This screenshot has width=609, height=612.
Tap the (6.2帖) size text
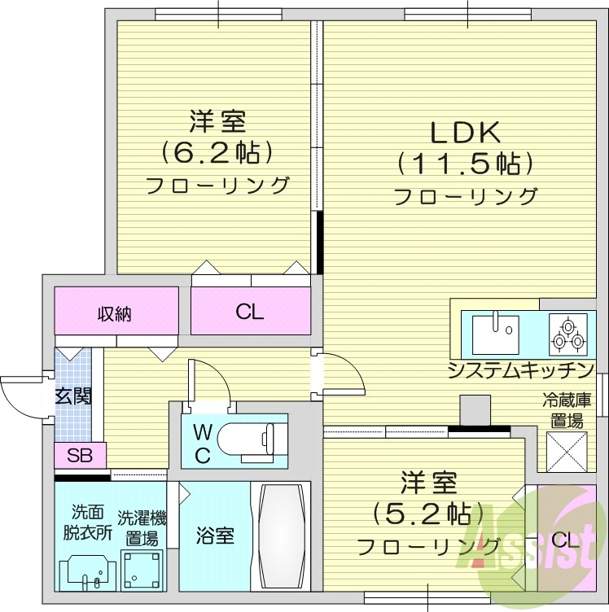pyautogui.click(x=217, y=152)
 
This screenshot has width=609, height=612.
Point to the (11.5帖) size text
pyautogui.click(x=465, y=164)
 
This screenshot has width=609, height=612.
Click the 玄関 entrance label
pyautogui.click(x=72, y=396)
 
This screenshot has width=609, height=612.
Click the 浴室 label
pyautogui.click(x=216, y=536)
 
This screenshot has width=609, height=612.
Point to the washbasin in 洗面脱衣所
pyautogui.click(x=89, y=571)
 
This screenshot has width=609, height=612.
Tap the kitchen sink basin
pyautogui.click(x=494, y=333)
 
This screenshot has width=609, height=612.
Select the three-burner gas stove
pyautogui.click(x=566, y=334)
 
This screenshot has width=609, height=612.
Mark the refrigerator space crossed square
pyautogui.click(x=567, y=450)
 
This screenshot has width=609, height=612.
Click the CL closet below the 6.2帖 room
pyautogui.click(x=251, y=312)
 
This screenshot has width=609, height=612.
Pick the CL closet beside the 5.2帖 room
pyautogui.click(x=561, y=538)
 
